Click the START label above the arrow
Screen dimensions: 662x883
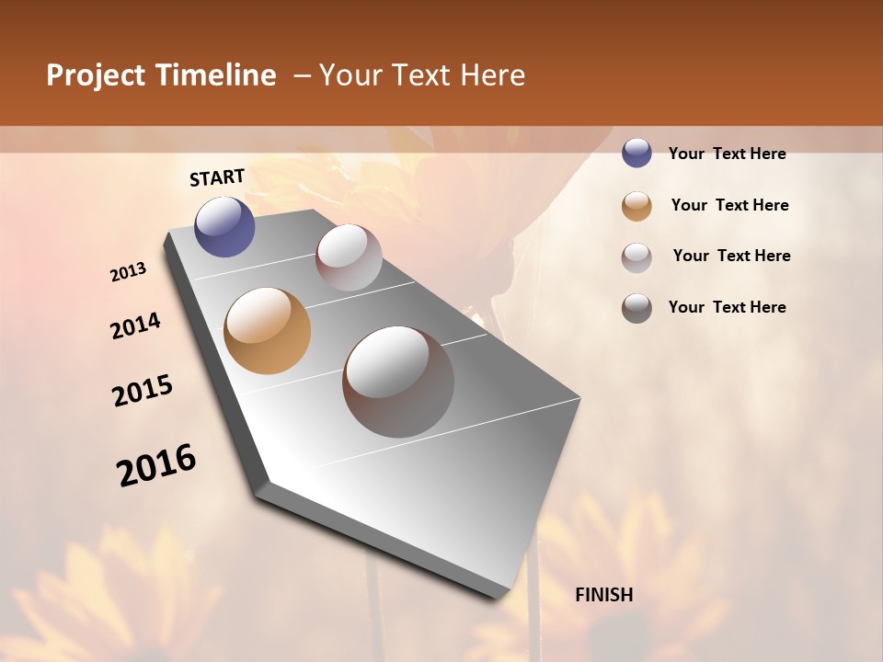click(x=217, y=177)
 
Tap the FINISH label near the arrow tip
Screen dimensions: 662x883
click(x=604, y=595)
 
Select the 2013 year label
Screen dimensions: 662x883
click(x=128, y=272)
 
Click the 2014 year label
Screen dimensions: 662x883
click(x=135, y=325)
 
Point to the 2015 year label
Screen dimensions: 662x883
click(x=143, y=391)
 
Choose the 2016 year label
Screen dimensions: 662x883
click(x=156, y=465)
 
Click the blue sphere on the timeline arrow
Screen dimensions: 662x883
click(x=224, y=226)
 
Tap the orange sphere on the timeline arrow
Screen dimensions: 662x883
click(x=267, y=331)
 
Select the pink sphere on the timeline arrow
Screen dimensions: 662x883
click(x=349, y=257)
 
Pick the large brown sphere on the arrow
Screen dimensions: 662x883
click(x=398, y=382)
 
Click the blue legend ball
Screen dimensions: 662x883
click(x=636, y=154)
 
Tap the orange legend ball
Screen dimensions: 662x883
click(x=636, y=206)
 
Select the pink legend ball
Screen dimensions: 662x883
click(x=636, y=257)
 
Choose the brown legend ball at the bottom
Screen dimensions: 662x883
click(x=636, y=308)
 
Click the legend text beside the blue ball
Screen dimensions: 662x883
click(x=727, y=154)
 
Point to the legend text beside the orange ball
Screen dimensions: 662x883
click(x=729, y=205)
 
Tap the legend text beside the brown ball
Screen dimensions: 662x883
click(x=727, y=307)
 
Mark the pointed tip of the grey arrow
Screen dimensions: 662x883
click(x=497, y=598)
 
